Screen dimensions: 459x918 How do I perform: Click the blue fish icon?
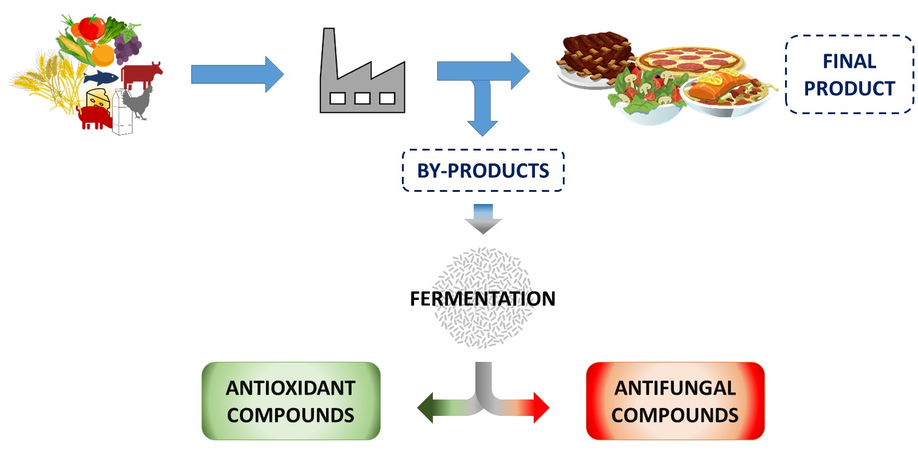pos(100,77)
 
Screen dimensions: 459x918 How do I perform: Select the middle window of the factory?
pos(362,98)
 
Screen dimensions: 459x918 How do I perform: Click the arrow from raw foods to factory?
pos(237,75)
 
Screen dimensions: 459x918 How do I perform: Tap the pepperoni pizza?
pos(689,60)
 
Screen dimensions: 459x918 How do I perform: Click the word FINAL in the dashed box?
pos(849,61)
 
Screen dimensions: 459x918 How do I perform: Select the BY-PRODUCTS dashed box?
pos(483,171)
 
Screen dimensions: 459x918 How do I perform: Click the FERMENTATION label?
pos(483,299)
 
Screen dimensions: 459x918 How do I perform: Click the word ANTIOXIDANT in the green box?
pos(290,387)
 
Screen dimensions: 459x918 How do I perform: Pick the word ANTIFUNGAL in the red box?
pos(675,387)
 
